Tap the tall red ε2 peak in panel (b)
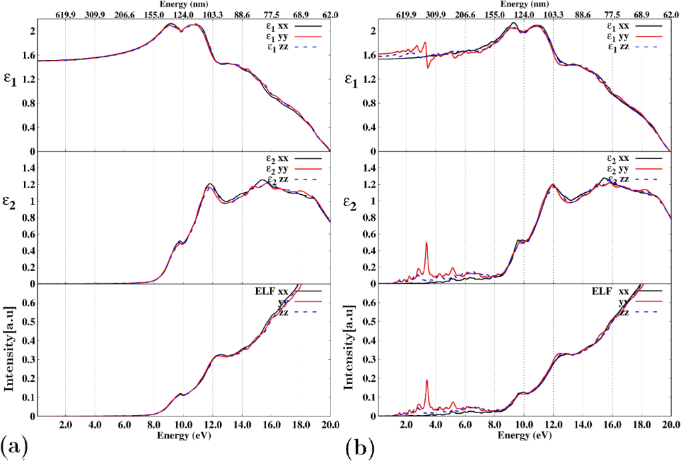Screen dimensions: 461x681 [426, 244]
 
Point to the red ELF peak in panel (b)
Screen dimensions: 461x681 [426, 381]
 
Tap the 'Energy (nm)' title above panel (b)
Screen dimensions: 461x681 [523, 5]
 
